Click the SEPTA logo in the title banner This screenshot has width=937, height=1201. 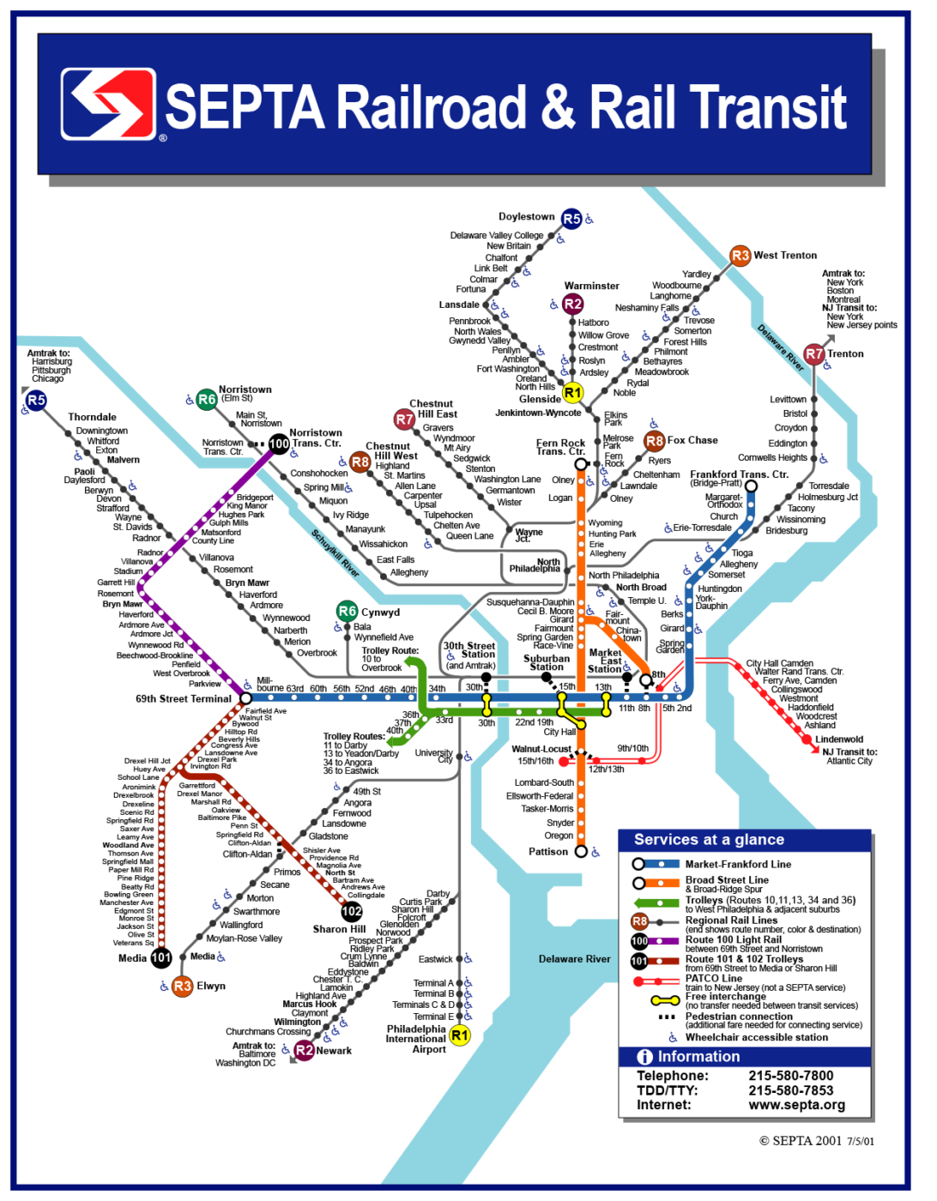108,104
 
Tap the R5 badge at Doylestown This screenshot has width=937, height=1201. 571,219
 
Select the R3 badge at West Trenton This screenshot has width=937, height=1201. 740,256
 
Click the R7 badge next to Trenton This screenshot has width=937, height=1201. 813,353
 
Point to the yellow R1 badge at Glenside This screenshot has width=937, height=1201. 572,393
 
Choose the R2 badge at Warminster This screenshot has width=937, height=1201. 572,304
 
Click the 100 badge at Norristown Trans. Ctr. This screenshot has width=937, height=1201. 279,444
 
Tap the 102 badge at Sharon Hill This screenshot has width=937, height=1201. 352,911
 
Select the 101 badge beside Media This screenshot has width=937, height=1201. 161,957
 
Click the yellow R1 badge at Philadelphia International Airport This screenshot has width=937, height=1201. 460,1035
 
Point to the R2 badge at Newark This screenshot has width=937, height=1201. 304,1050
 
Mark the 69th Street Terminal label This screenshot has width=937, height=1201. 184,699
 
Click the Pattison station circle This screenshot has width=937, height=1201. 581,852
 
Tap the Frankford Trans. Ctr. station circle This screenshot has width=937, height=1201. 751,486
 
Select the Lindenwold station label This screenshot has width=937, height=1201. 839,739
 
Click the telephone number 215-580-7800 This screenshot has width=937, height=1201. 790,1076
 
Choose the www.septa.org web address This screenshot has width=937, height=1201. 796,1105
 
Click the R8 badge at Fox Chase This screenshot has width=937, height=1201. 654,441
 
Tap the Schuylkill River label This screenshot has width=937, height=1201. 335,552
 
